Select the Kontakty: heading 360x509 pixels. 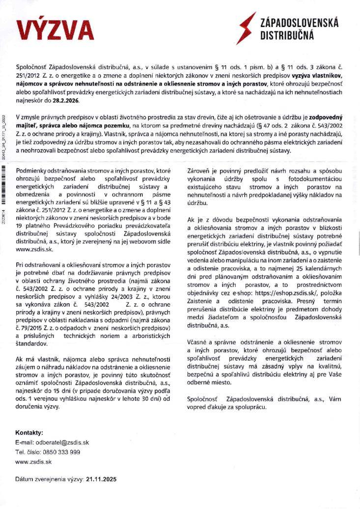point(29,433)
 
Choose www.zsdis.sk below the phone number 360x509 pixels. point(33,462)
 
